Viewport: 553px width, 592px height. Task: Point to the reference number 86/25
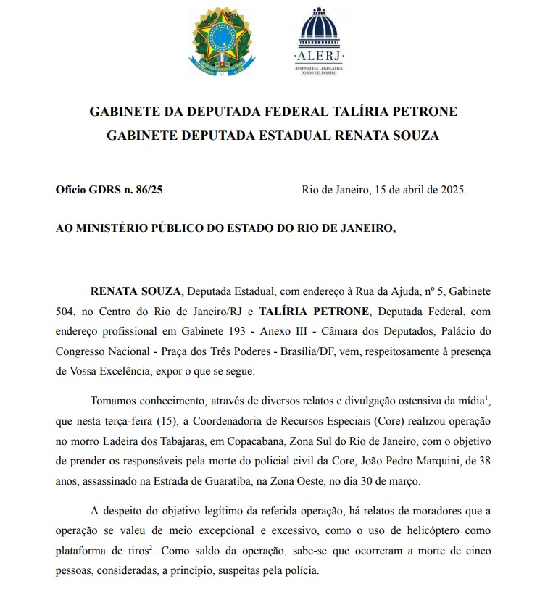(x=149, y=191)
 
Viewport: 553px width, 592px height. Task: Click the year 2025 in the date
(x=450, y=191)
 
